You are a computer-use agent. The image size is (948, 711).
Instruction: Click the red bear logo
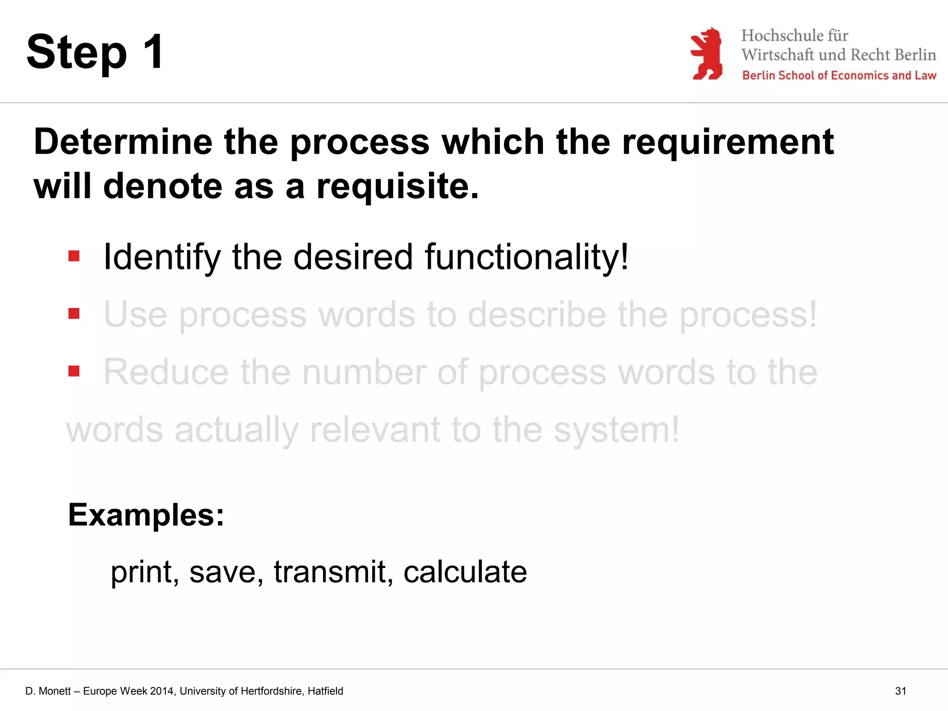706,54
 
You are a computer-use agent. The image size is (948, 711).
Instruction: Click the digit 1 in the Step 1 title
153,51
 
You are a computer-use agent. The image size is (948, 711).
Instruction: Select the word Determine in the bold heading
123,142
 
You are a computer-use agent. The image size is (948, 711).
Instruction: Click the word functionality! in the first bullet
526,257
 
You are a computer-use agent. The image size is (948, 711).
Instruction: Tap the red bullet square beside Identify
74,256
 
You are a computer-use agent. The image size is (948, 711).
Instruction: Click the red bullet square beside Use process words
74,314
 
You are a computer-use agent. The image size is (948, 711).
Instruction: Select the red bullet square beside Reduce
74,371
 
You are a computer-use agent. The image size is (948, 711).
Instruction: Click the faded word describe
536,315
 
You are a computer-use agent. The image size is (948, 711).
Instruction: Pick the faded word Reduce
166,372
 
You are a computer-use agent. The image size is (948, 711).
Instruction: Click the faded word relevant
374,430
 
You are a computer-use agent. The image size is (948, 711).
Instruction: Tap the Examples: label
146,515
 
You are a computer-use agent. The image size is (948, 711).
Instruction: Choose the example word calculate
465,572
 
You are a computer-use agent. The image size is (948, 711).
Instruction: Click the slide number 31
900,691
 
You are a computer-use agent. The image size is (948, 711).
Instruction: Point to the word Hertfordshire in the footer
272,691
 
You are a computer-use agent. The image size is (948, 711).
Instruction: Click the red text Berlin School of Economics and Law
839,75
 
